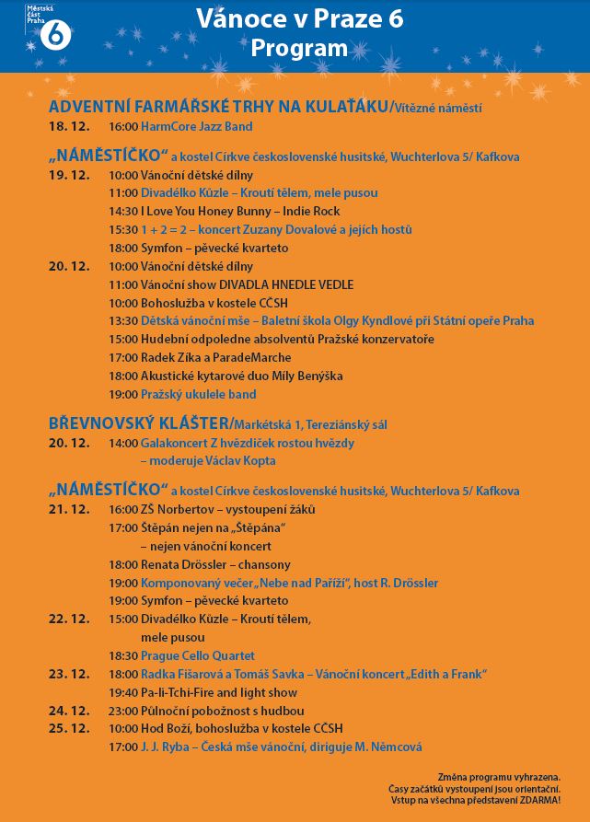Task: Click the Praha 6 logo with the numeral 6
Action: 53,33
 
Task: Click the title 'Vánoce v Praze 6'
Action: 299,19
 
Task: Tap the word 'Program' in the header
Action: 299,48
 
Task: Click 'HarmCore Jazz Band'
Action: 196,126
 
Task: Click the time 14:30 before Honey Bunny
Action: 123,212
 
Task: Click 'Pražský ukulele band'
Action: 198,394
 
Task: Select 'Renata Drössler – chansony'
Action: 215,564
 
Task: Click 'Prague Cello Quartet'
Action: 197,655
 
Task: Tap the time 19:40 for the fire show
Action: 123,692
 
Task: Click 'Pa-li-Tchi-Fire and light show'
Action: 218,692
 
